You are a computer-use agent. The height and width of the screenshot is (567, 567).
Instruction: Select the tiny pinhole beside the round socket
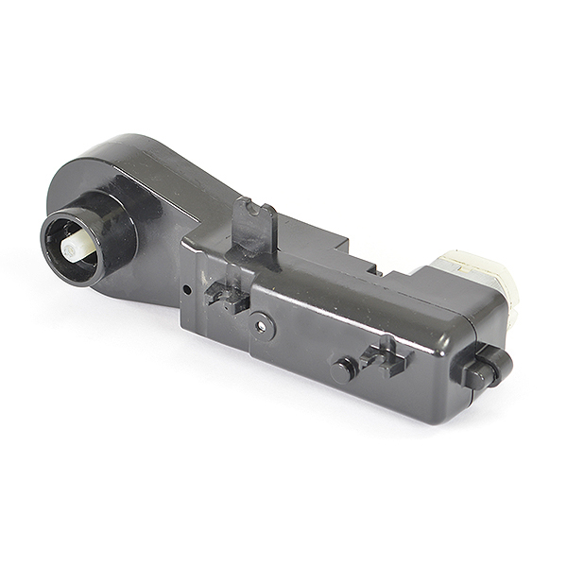tap(187, 288)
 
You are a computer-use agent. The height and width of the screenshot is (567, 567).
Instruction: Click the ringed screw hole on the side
tap(261, 327)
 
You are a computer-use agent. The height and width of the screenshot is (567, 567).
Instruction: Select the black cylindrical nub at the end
tap(486, 369)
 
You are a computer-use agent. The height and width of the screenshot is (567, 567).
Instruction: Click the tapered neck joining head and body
tap(189, 203)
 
